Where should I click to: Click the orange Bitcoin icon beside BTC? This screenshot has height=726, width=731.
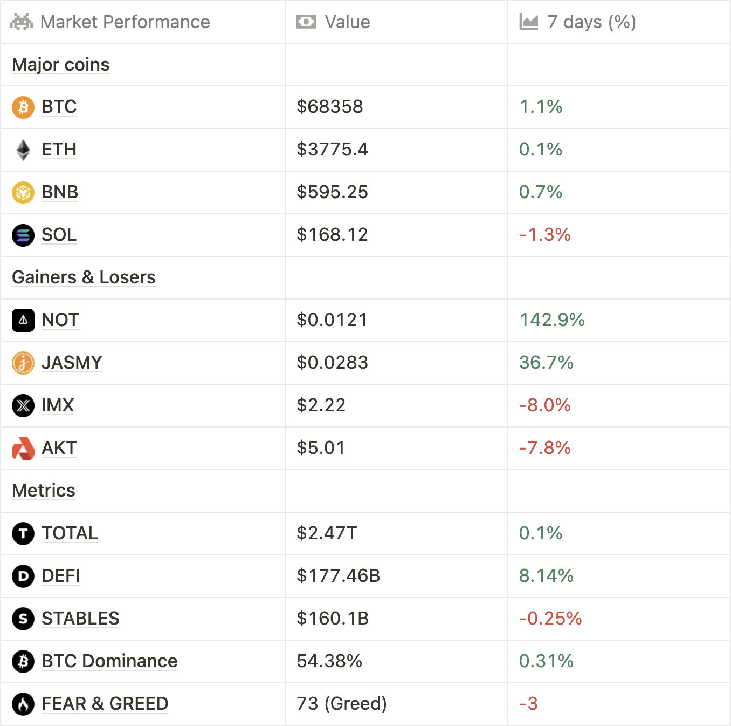[x=23, y=107]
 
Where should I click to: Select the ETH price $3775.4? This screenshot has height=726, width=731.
[x=332, y=150]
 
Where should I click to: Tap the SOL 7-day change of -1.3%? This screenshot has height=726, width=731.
[x=544, y=235]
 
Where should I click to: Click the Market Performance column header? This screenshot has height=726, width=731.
[x=125, y=22]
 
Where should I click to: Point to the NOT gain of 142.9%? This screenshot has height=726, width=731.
[x=551, y=320]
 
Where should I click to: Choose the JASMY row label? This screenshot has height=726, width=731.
[x=72, y=363]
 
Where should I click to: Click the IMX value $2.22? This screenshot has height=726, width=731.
[x=321, y=405]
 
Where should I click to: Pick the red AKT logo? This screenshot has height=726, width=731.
[x=23, y=448]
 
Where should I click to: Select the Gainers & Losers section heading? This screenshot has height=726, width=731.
[x=84, y=277]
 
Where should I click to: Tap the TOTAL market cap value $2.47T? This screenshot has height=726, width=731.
[x=327, y=533]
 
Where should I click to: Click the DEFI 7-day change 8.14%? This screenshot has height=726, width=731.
[x=546, y=576]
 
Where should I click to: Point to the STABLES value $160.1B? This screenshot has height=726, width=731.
[x=333, y=619]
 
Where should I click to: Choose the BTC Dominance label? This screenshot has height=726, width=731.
[x=109, y=661]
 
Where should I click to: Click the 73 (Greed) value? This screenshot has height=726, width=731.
[x=342, y=704]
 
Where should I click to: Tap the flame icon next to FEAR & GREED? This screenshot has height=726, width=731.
[x=23, y=704]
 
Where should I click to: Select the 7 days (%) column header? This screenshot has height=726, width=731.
[x=591, y=22]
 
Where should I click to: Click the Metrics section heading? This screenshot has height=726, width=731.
[x=44, y=491]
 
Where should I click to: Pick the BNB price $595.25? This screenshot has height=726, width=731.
[x=332, y=192]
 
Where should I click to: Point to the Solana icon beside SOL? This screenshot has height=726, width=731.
[x=23, y=235]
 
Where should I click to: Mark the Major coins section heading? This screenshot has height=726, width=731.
[x=61, y=65]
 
